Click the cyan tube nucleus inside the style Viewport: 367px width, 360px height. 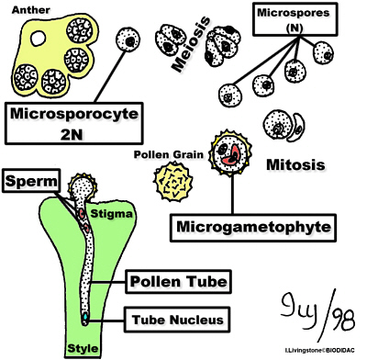(x=83, y=316)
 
